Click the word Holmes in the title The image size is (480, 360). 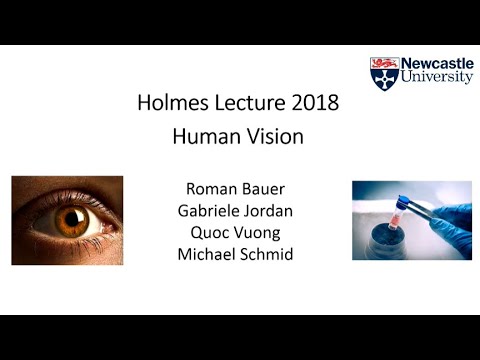click(x=171, y=103)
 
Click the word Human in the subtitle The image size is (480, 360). click(x=205, y=137)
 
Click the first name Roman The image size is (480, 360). click(x=210, y=188)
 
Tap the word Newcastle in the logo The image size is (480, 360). click(x=436, y=63)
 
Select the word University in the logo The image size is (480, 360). click(x=436, y=78)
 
